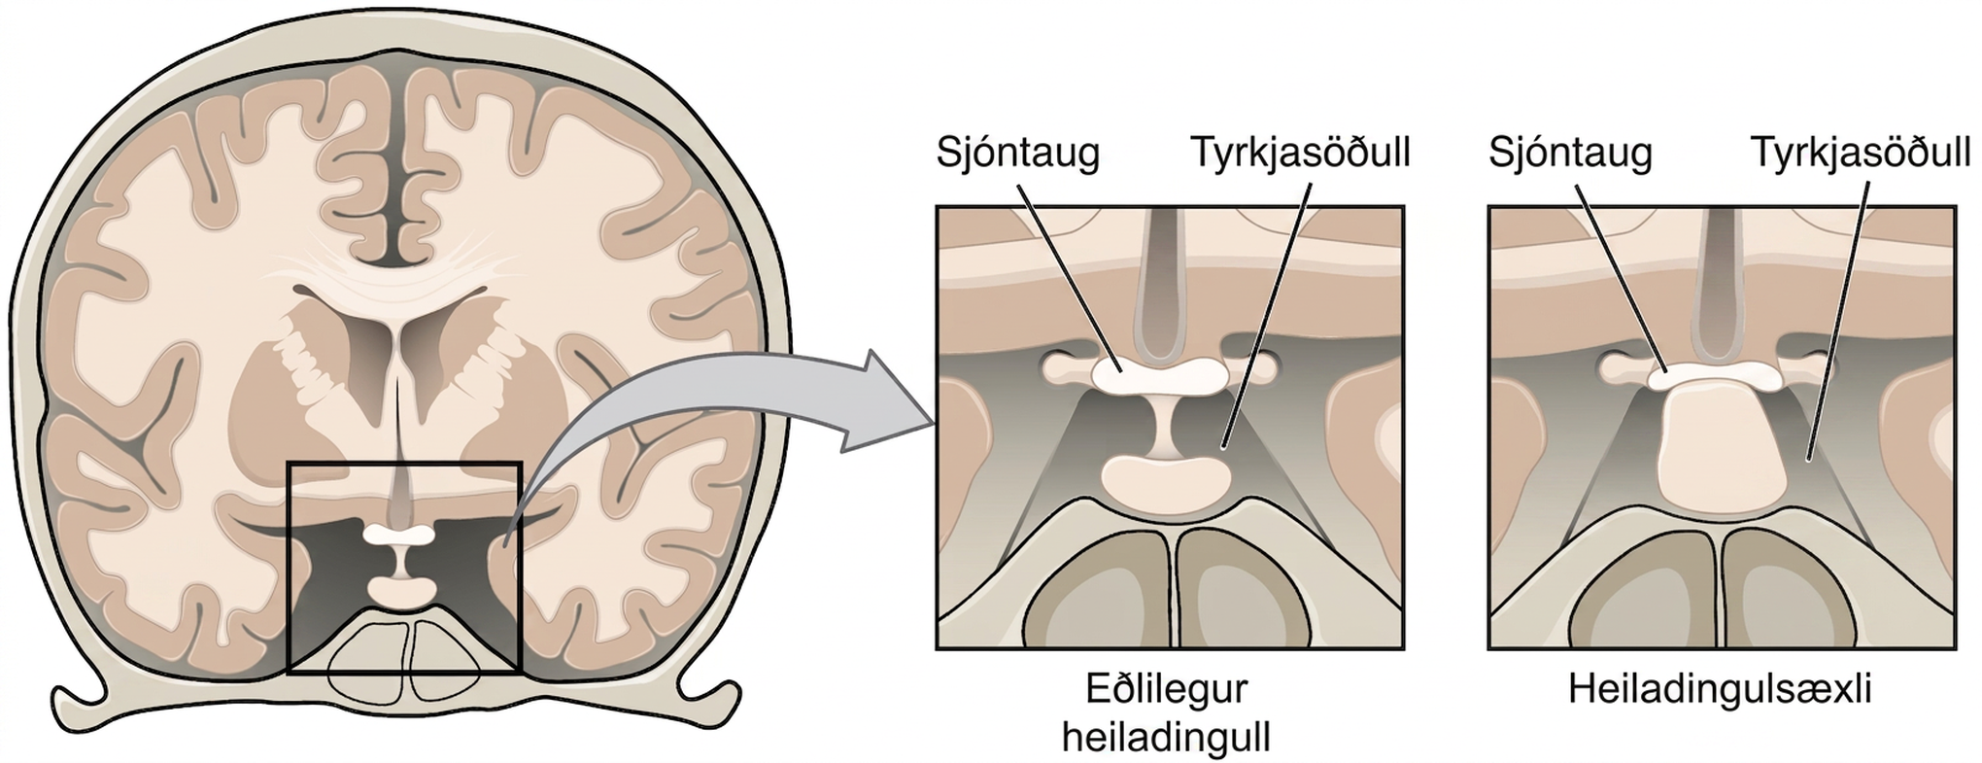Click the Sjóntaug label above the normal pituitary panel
point(1017,154)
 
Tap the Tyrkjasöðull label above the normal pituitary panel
point(1300,153)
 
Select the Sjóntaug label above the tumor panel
point(1570,154)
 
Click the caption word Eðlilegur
point(1166,691)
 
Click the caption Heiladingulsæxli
point(1720,690)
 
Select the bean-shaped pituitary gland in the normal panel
point(1166,482)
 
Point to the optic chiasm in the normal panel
point(1166,374)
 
